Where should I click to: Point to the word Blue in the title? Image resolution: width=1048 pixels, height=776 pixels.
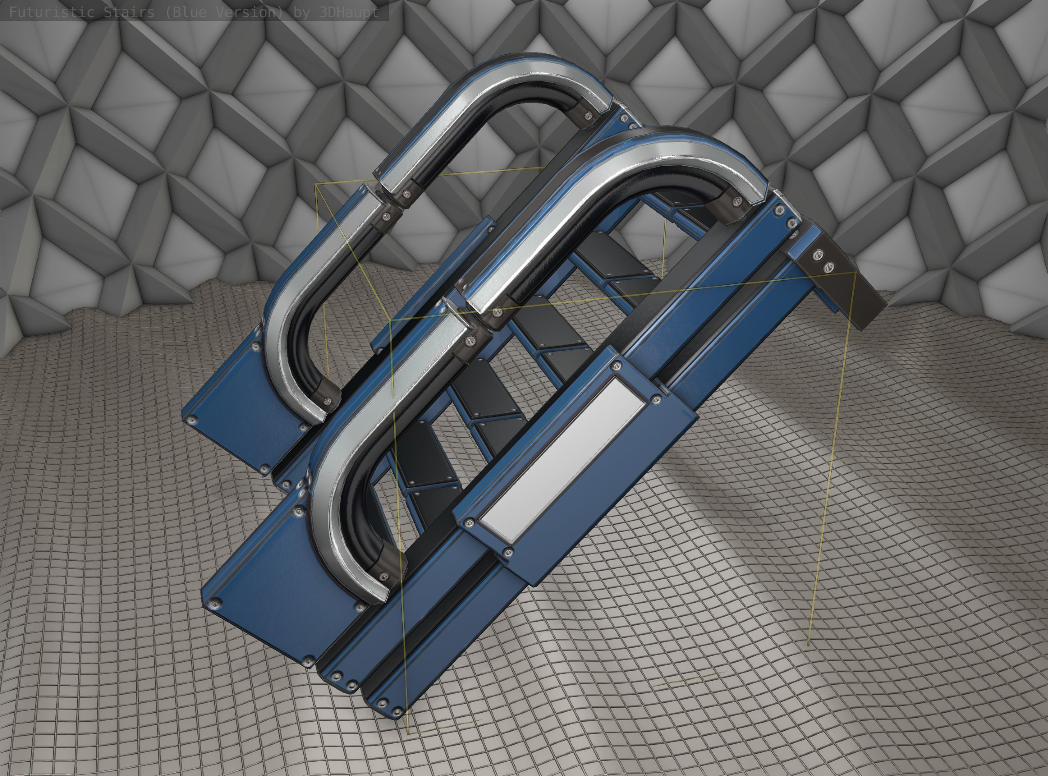[188, 12]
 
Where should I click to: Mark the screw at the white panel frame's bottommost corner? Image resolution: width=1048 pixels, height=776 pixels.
[507, 552]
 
